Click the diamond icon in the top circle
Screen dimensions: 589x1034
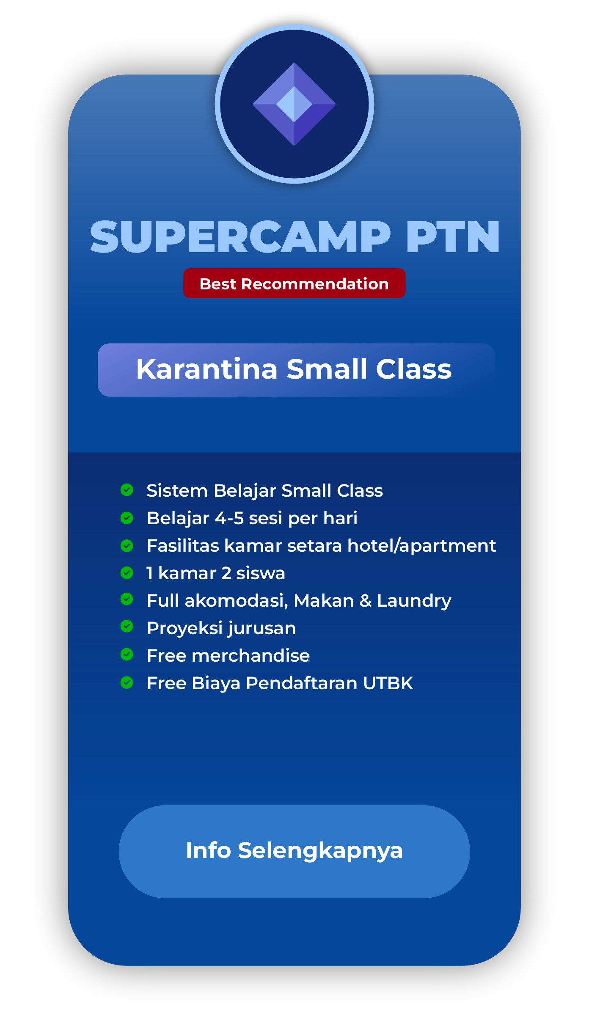pos(294,104)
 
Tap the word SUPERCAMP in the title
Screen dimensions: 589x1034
pos(240,237)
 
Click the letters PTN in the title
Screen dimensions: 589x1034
pos(453,237)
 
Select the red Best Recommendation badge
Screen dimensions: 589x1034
pos(294,283)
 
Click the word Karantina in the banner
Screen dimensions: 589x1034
pos(206,369)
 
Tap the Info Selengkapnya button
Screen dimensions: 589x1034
pos(294,852)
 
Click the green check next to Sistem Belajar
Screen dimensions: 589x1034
pos(127,490)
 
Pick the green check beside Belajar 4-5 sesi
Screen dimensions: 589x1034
pos(127,518)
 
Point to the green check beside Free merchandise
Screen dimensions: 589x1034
pos(127,654)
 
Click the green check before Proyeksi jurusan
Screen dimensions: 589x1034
pos(127,626)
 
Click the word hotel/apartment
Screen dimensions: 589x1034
pos(421,546)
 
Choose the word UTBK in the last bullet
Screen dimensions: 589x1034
pos(388,683)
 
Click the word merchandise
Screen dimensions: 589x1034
pos(250,656)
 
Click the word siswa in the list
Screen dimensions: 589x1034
pos(260,573)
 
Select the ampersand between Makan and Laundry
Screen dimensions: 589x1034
pos(365,601)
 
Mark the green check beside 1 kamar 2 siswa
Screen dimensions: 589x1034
pos(127,572)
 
